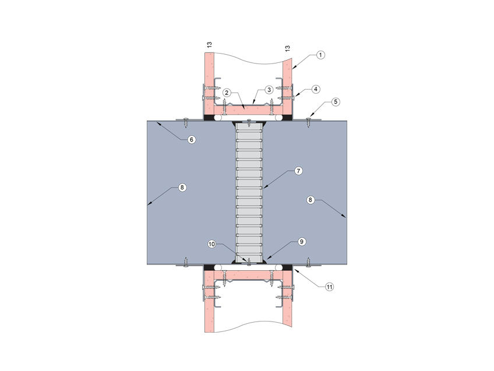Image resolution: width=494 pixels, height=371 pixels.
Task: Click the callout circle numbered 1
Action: tap(320, 55)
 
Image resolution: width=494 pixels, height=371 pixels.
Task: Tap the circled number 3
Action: tap(268, 90)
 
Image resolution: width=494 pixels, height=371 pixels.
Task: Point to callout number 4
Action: tap(315, 90)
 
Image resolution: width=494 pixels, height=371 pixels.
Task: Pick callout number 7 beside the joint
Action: tap(297, 171)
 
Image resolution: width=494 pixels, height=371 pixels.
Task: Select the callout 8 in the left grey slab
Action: tap(182, 188)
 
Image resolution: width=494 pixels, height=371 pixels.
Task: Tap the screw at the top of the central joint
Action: tap(249, 123)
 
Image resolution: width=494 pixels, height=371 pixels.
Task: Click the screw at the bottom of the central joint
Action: tap(249, 262)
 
